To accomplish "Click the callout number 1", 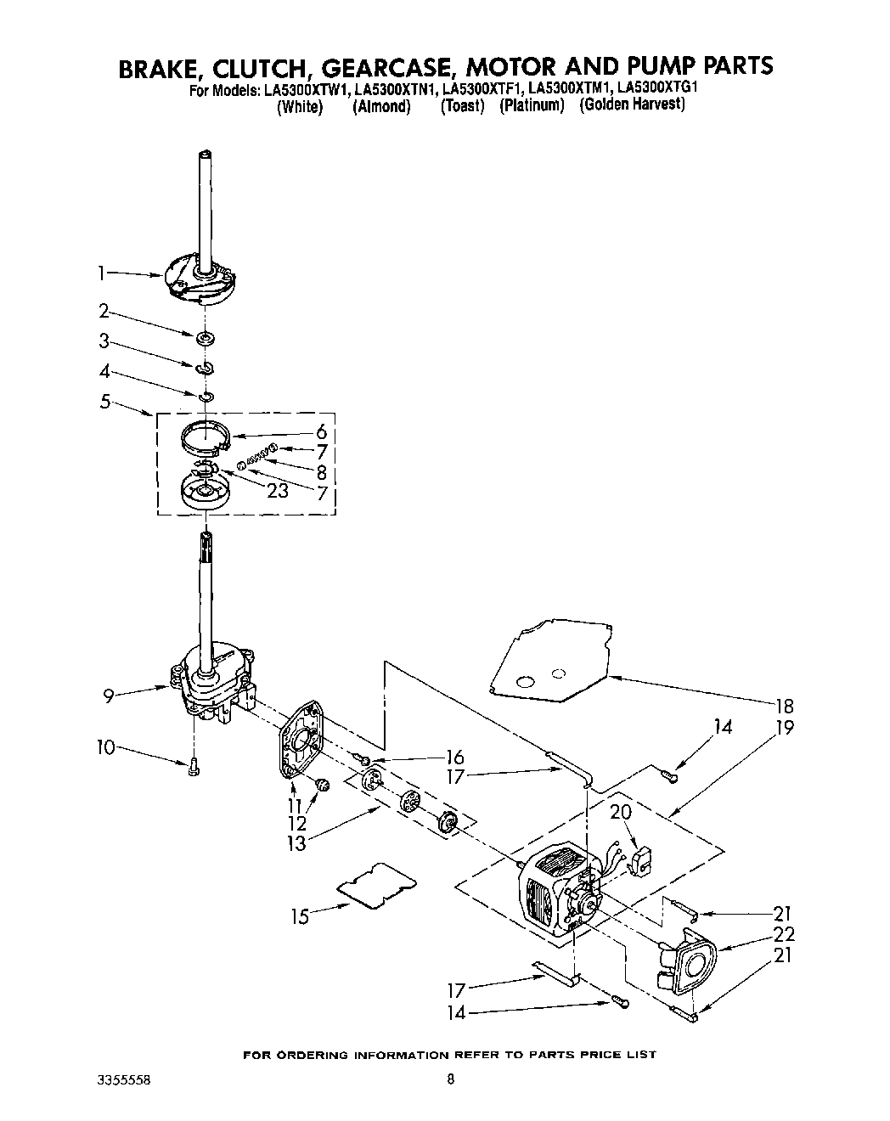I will pos(101,273).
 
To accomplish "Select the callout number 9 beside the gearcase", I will pos(109,696).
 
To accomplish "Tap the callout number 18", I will pos(784,705).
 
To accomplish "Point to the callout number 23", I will pos(277,490).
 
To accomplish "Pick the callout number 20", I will pos(621,812).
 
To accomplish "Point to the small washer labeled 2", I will pos(203,340).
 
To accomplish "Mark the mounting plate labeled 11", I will pos(302,739).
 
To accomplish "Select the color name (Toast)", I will pos(462,106).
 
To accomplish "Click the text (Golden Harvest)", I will pos(632,105).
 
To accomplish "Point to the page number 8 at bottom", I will pos(451,1080).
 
